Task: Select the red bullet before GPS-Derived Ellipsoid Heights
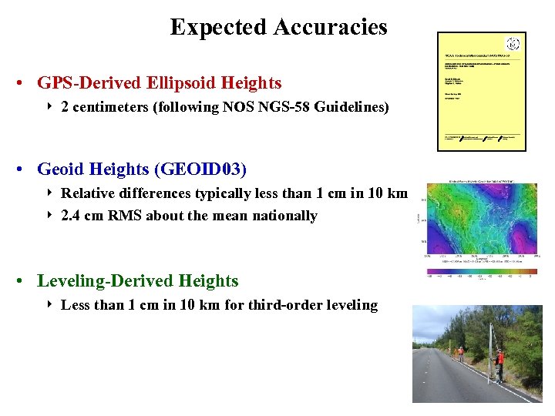point(25,83)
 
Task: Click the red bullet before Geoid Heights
point(25,169)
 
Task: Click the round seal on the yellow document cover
point(513,44)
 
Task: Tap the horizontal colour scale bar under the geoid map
point(481,271)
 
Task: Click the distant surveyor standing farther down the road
point(461,353)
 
